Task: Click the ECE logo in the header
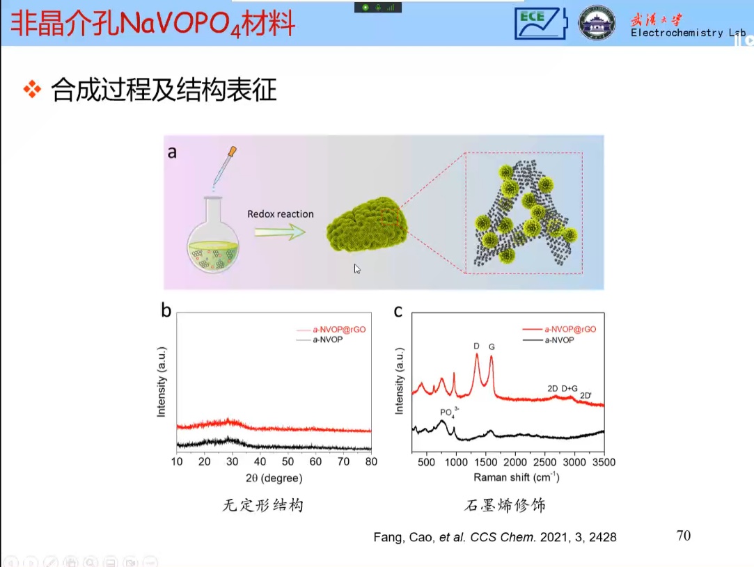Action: (540, 23)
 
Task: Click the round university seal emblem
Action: (597, 23)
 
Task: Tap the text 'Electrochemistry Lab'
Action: (688, 33)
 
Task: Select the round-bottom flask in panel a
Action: (213, 240)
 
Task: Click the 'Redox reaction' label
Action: (281, 214)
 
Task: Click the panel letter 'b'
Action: (166, 310)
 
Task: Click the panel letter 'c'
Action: (398, 310)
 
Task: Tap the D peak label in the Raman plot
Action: (476, 346)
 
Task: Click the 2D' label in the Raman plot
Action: (586, 395)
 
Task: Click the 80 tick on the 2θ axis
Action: (371, 461)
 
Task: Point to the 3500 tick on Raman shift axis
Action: (604, 461)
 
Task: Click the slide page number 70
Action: (683, 535)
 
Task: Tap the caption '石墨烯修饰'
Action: (505, 506)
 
